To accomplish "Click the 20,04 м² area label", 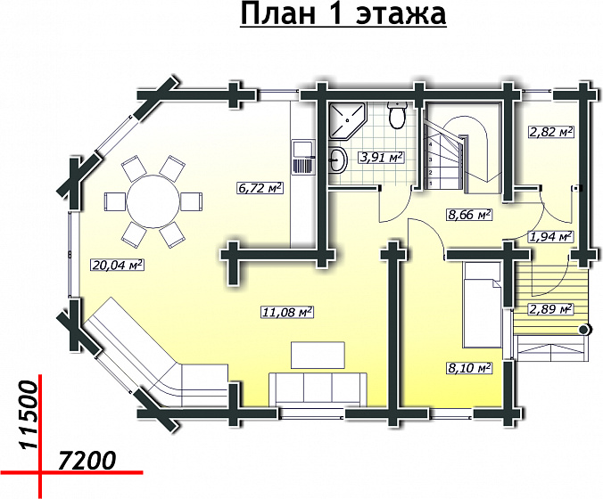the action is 117,265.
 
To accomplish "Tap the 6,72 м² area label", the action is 260,188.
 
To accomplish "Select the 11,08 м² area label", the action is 287,312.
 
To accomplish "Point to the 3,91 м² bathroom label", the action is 381,157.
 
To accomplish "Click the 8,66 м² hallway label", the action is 469,214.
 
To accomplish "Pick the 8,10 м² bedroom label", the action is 469,368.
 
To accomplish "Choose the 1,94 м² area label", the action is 550,236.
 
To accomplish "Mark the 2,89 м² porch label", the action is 550,308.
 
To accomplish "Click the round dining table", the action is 153,200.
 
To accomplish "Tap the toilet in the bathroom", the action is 397,114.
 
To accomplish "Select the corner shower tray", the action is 348,120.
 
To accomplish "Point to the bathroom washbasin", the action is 338,160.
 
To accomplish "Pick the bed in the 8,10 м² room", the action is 483,305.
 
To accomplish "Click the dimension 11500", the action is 29,415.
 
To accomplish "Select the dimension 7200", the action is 87,461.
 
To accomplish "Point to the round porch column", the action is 584,330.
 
